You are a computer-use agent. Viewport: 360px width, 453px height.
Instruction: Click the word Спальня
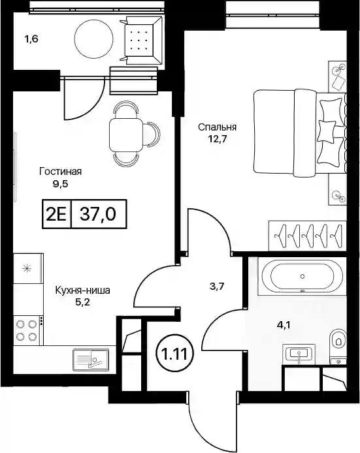(x=217, y=127)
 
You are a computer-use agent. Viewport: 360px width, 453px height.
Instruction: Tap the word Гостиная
(x=61, y=172)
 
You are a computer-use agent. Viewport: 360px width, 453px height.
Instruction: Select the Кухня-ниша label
(x=83, y=290)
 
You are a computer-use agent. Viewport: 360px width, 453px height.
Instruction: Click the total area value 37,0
(x=98, y=214)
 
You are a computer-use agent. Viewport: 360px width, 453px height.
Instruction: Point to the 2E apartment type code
(x=57, y=214)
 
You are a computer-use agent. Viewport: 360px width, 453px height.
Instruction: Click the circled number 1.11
(x=175, y=354)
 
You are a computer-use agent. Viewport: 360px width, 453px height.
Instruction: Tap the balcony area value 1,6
(x=31, y=39)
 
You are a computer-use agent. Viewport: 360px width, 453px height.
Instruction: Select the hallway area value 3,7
(x=217, y=287)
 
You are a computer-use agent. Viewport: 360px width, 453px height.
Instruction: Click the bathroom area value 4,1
(x=284, y=326)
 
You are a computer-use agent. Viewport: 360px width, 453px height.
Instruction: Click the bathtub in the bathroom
(x=302, y=277)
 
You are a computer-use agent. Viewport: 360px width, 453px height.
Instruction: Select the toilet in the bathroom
(x=338, y=341)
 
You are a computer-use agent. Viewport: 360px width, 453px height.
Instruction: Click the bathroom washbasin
(x=299, y=354)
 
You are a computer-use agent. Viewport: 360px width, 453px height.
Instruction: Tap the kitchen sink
(x=91, y=360)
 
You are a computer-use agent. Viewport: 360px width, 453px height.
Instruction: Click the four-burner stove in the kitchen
(x=28, y=331)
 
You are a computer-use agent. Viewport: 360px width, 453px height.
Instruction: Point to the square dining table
(x=126, y=134)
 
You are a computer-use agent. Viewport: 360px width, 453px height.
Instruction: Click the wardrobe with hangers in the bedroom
(x=307, y=236)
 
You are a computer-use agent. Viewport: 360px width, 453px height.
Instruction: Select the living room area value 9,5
(x=60, y=183)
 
